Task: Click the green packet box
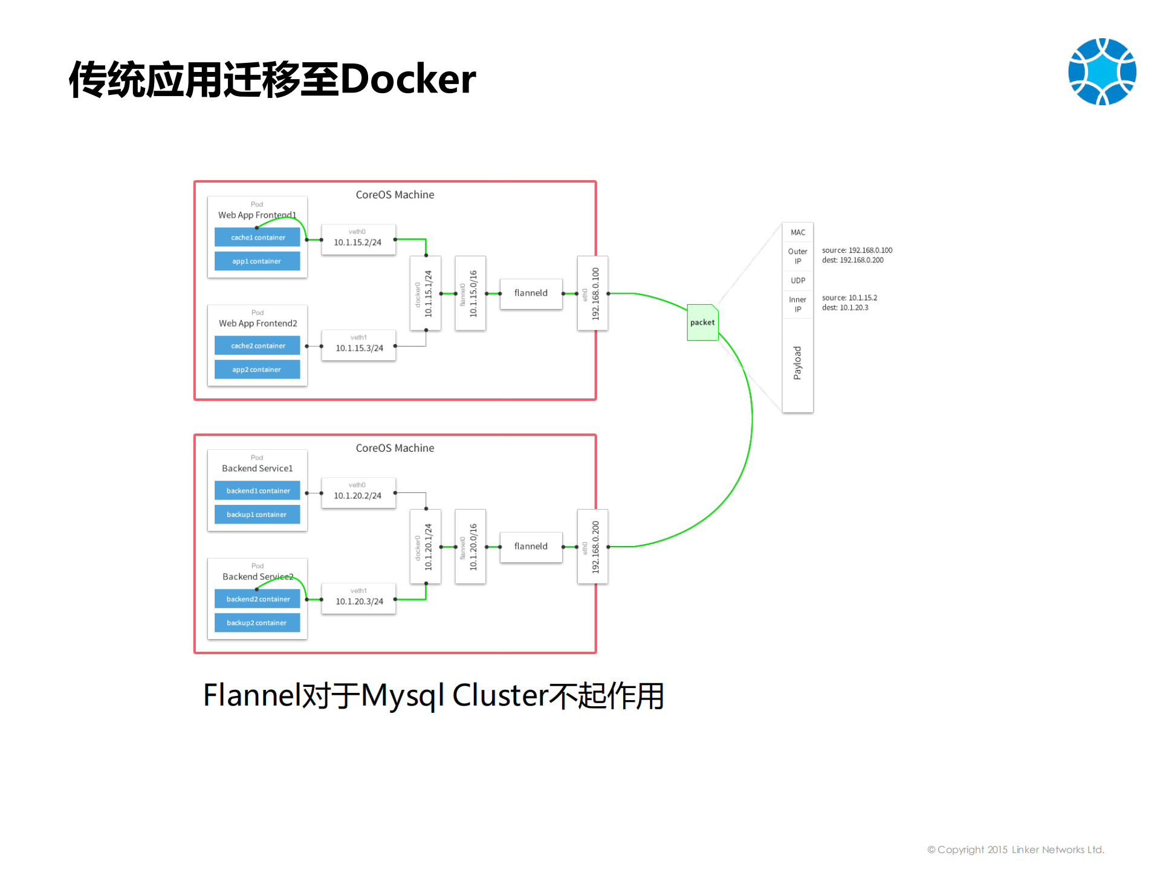tap(702, 322)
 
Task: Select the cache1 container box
tap(258, 238)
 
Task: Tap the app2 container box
tap(257, 369)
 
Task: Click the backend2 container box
tap(258, 599)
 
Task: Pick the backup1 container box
tap(257, 515)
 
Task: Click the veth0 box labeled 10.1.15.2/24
tap(358, 239)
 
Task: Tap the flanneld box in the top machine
tap(531, 293)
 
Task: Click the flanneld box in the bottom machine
tap(531, 547)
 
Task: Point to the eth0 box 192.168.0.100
tap(592, 293)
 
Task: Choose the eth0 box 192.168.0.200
tap(592, 547)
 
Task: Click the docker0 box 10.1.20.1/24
tap(425, 547)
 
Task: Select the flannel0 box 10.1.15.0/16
tap(470, 293)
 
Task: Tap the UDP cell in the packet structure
tap(797, 281)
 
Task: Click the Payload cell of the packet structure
tap(797, 363)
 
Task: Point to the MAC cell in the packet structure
tap(797, 232)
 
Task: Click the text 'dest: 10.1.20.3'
tap(844, 308)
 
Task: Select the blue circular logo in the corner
tap(1101, 72)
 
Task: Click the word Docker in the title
tap(408, 79)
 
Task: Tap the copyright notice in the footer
tap(1016, 849)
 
